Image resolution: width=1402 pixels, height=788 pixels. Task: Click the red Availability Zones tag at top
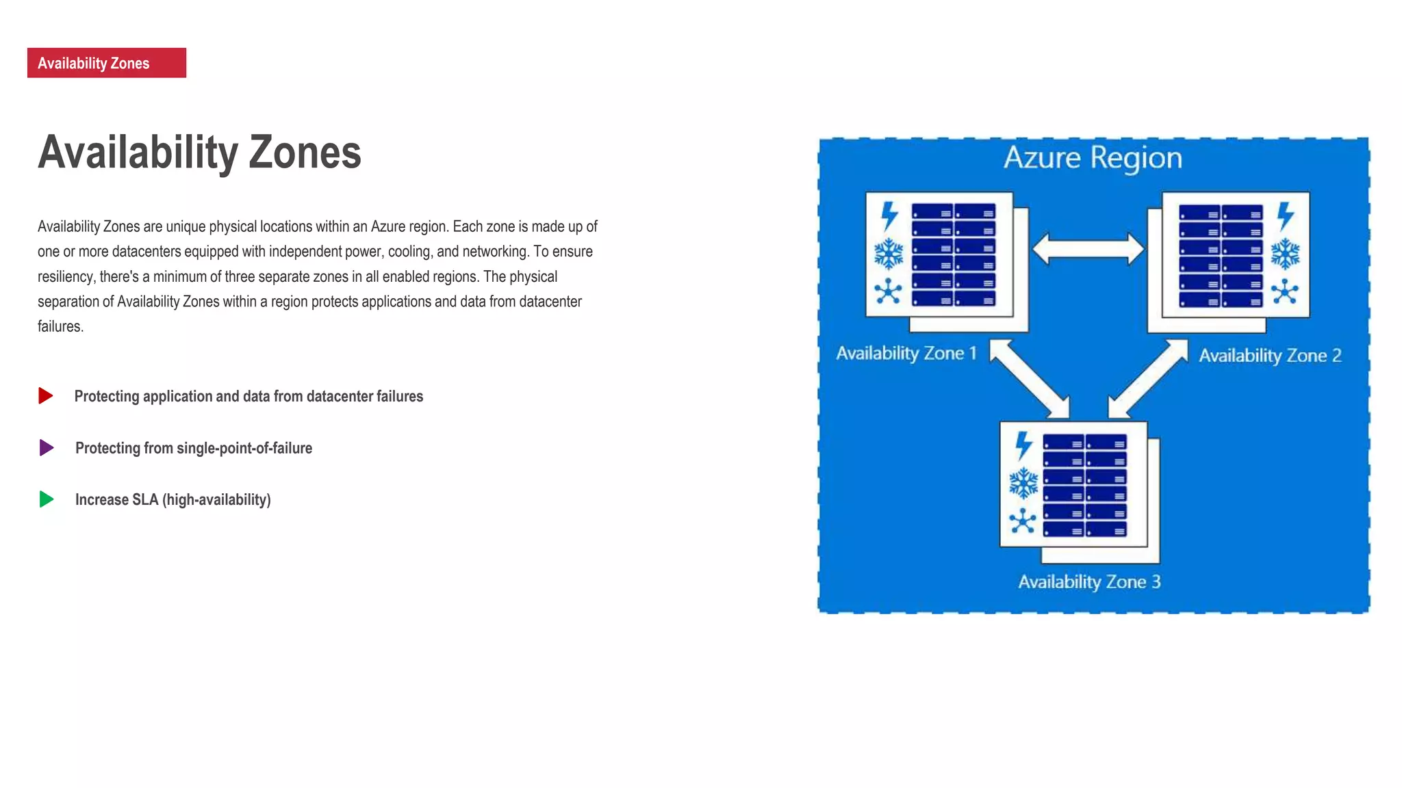pos(106,63)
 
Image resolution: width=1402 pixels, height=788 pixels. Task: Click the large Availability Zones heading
pos(199,152)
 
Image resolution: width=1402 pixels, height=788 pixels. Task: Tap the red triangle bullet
pos(46,395)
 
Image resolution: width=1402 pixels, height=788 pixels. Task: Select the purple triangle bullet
pos(47,447)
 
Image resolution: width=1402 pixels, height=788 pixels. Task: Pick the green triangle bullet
pos(47,499)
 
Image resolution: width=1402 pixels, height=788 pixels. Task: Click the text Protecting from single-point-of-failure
pos(194,448)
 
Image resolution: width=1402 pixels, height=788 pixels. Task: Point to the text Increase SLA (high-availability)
pos(173,499)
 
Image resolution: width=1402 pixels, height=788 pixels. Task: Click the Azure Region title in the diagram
pos(1093,158)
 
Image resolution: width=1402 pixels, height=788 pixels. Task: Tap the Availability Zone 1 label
pos(906,353)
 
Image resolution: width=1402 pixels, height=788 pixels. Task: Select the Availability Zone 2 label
pos(1270,356)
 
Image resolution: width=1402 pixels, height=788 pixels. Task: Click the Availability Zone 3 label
pos(1089,581)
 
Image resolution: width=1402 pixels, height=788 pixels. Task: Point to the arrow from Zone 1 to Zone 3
pos(1030,378)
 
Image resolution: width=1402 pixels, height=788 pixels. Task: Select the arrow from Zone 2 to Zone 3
pos(1148,378)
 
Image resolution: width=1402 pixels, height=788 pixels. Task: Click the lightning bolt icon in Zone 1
pos(889,215)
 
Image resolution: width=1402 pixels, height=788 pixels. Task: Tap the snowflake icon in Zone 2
pos(1285,254)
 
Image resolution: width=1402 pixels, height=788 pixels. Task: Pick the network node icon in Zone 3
pos(1023,521)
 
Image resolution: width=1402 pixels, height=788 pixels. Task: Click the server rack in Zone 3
pos(1084,485)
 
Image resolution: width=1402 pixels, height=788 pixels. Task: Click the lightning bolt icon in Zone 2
pos(1286,215)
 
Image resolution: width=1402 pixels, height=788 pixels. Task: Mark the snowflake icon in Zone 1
pos(889,254)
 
